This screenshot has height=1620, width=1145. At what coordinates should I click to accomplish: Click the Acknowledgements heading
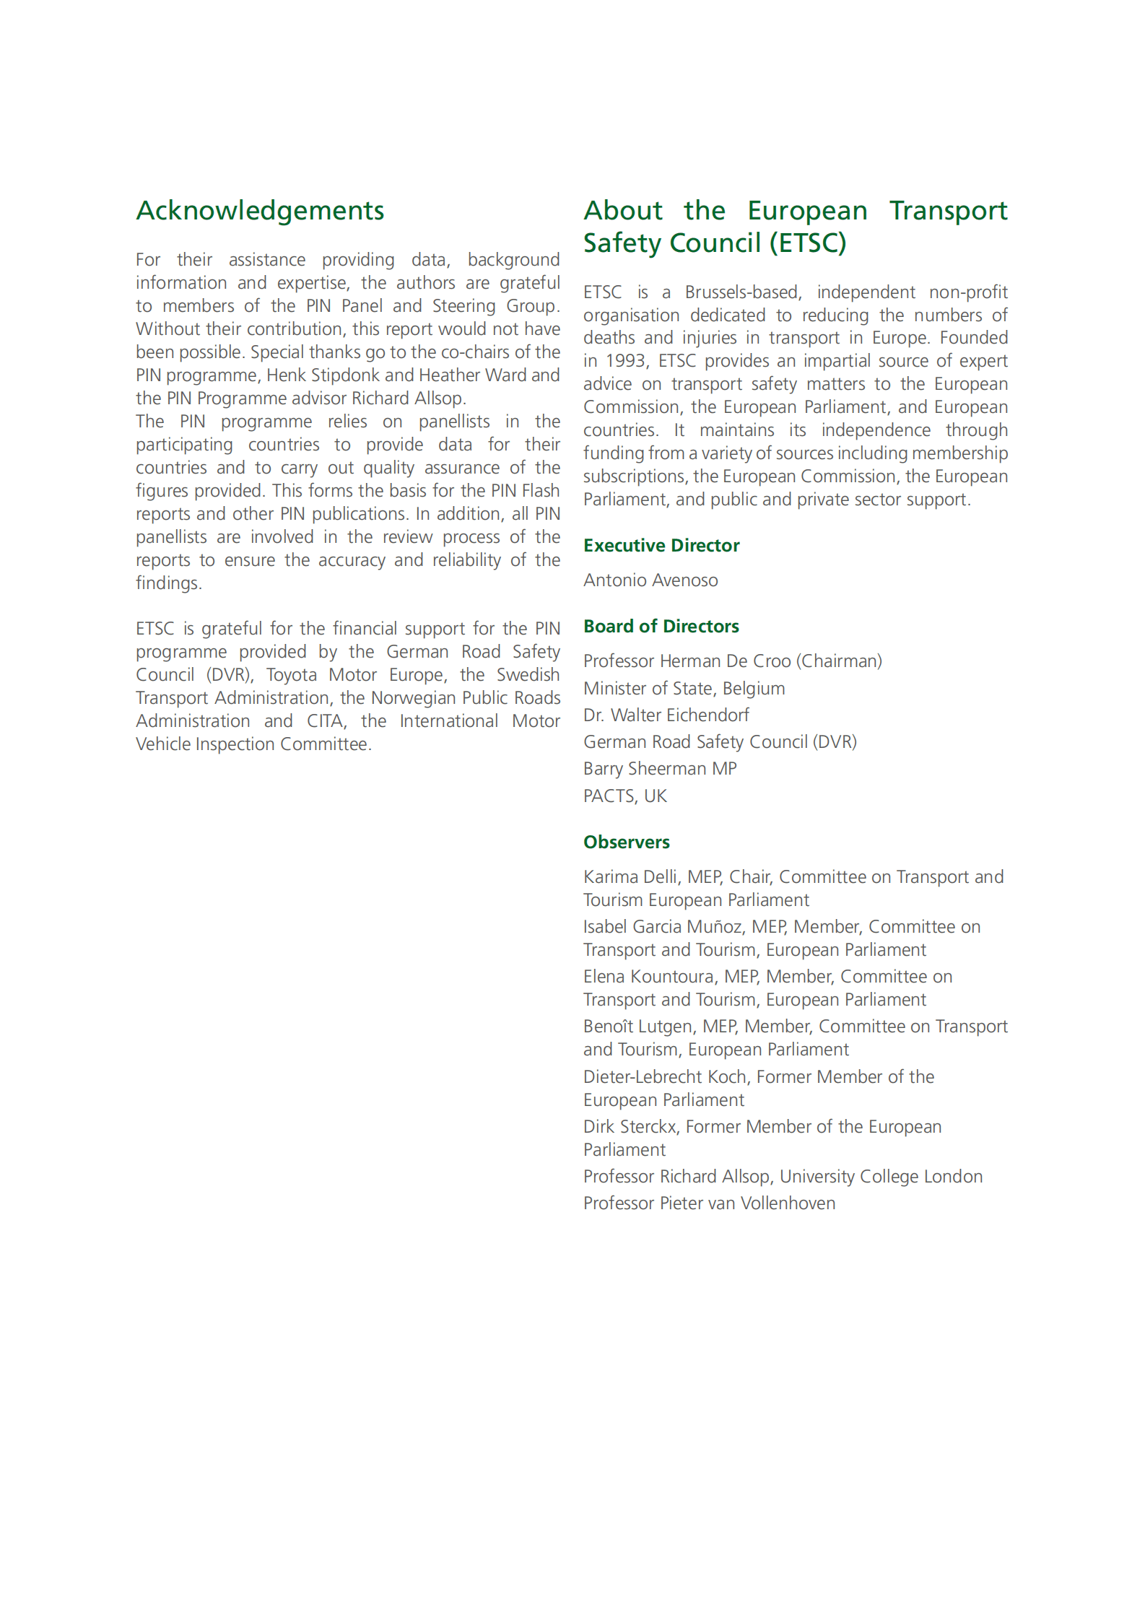[x=260, y=211]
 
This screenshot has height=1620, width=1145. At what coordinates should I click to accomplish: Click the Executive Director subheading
[x=661, y=546]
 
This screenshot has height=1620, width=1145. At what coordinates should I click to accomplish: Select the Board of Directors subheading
[x=661, y=627]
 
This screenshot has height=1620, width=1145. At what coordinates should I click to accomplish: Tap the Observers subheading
[x=627, y=842]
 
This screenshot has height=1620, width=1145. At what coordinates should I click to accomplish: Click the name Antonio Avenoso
[x=650, y=580]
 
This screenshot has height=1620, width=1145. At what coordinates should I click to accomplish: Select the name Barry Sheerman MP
[x=660, y=769]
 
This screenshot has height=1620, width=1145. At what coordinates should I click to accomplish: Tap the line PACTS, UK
[x=625, y=796]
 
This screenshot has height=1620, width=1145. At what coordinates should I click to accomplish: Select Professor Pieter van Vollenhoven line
[x=709, y=1203]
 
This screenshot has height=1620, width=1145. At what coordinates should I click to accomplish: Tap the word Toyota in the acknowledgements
[x=292, y=675]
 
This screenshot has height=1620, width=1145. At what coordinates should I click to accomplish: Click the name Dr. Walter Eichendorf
[x=666, y=715]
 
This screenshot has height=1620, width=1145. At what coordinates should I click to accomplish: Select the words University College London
[x=881, y=1177]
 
